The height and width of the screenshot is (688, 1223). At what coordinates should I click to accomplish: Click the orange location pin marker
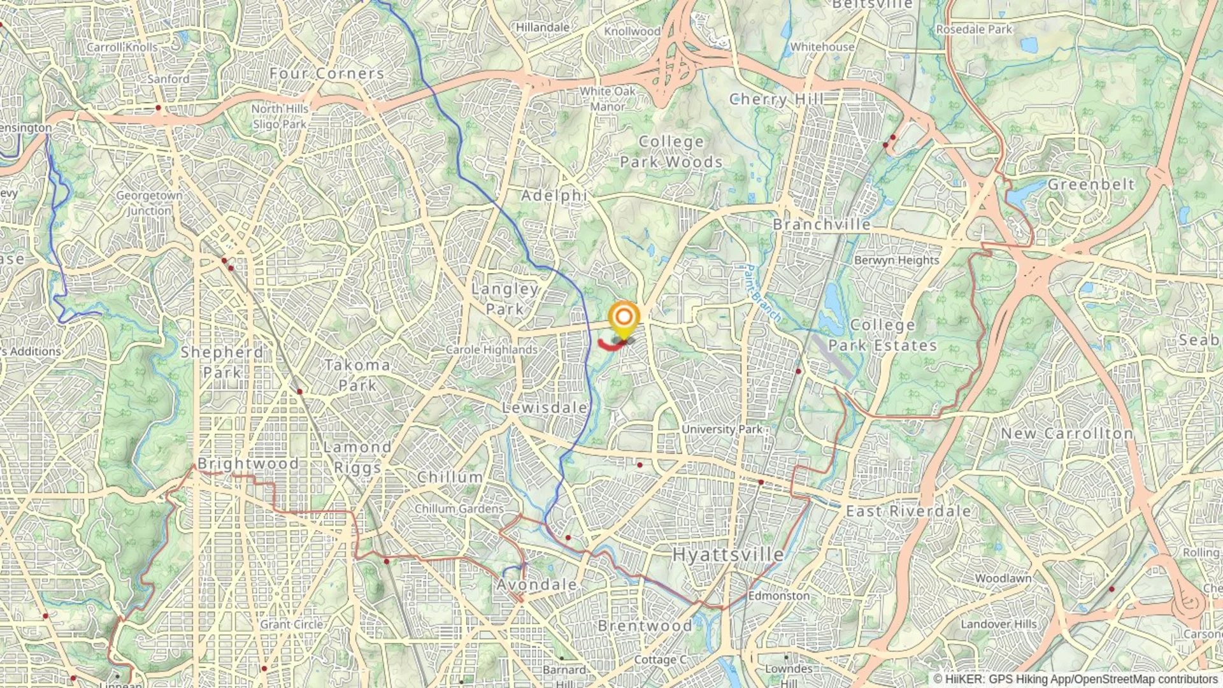pyautogui.click(x=624, y=317)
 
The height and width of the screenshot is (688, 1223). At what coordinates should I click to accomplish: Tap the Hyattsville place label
pyautogui.click(x=728, y=554)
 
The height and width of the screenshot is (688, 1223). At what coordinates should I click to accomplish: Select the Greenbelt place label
pyautogui.click(x=1091, y=185)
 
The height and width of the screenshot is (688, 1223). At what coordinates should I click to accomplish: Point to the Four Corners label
pyautogui.click(x=327, y=74)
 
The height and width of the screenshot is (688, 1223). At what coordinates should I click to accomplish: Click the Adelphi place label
pyautogui.click(x=554, y=196)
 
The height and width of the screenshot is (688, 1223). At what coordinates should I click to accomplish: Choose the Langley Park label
pyautogui.click(x=505, y=299)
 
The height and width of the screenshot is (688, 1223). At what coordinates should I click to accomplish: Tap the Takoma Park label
pyautogui.click(x=357, y=375)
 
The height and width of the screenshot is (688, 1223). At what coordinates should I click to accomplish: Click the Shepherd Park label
pyautogui.click(x=222, y=362)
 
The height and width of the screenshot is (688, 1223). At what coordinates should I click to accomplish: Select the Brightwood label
pyautogui.click(x=248, y=464)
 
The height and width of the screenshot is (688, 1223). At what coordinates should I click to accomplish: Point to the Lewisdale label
pyautogui.click(x=545, y=408)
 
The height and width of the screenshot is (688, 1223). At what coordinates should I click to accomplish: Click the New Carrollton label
pyautogui.click(x=1067, y=433)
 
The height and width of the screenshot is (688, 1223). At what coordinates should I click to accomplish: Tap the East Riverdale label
pyautogui.click(x=908, y=511)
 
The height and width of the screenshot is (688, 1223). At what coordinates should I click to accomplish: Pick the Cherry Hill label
pyautogui.click(x=776, y=99)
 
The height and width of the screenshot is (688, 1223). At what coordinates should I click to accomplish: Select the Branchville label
pyautogui.click(x=822, y=225)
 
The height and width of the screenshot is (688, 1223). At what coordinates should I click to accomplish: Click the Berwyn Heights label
pyautogui.click(x=896, y=260)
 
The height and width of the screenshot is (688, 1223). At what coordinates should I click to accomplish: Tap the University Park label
pyautogui.click(x=722, y=429)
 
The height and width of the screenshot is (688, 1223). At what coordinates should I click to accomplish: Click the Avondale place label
pyautogui.click(x=536, y=585)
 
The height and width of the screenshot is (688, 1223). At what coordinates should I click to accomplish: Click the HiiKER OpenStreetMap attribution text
pyautogui.click(x=1076, y=680)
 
